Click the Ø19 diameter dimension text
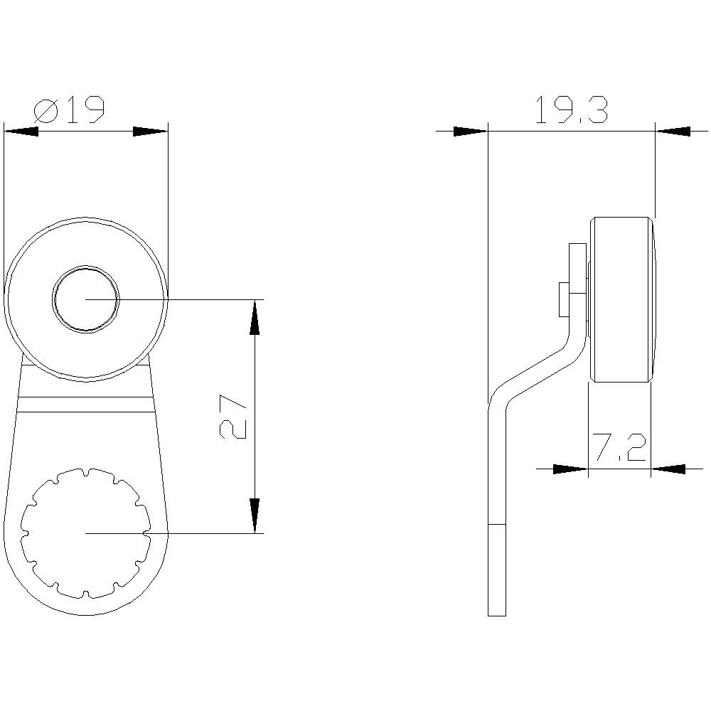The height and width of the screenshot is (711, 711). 70,110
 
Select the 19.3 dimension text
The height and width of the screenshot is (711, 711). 571,111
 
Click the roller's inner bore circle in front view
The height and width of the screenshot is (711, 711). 85,299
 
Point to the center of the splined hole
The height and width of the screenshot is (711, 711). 85,533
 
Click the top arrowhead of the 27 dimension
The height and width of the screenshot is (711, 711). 255,317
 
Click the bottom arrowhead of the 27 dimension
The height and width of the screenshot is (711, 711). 255,515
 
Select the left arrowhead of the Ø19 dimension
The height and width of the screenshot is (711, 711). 21,131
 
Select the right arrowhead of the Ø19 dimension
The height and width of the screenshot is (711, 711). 151,131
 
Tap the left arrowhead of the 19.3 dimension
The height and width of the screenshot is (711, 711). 471,131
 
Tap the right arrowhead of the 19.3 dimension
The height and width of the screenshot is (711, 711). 673,131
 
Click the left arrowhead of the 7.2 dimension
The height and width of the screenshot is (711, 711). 571,469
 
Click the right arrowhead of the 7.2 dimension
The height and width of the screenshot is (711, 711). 668,469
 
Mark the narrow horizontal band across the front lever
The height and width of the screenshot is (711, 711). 85,405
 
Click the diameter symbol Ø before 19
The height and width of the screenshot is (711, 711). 46,111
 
